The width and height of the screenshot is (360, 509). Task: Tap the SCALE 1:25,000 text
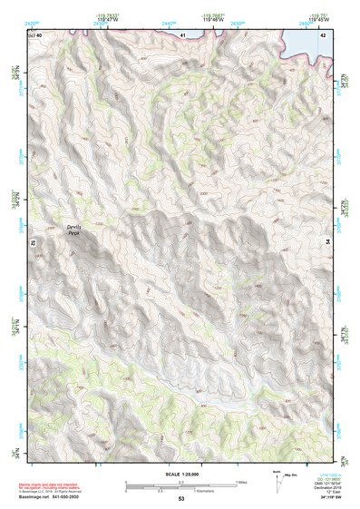click(180, 474)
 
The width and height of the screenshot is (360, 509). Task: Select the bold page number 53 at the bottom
click(180, 499)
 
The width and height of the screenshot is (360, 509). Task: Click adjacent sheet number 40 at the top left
click(39, 34)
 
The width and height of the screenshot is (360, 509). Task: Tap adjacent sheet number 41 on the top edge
click(182, 34)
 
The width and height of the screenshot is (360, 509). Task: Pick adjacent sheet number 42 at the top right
click(323, 34)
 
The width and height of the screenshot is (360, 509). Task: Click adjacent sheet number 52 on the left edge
click(32, 243)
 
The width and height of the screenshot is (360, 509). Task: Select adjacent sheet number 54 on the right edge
click(328, 243)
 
